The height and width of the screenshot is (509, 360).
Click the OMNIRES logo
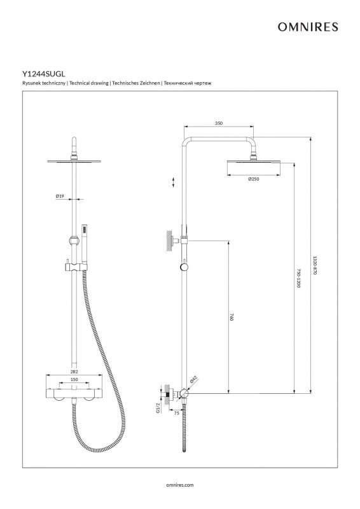pos(308,27)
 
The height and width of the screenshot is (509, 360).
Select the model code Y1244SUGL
pos(44,74)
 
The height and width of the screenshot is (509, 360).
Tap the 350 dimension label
pos(219,123)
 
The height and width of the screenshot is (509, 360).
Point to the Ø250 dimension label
pos(254,179)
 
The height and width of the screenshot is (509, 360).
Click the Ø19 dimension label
pos(60,196)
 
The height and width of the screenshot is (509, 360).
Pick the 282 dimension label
pos(74,372)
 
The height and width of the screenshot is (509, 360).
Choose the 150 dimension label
pos(74,379)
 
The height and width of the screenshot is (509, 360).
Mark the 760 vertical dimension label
pos(232,317)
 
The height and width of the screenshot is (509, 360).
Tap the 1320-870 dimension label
pos(315,265)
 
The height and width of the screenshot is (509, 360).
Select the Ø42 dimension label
pos(193,379)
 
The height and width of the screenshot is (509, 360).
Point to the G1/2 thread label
pos(158,408)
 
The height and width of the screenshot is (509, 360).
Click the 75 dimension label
pos(177,413)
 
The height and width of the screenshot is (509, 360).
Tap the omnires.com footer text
pos(179,485)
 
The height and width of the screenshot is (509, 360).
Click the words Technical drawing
pos(89,83)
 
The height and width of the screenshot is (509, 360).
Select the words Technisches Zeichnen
pos(136,83)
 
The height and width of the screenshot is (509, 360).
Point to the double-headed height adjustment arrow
pos(174,182)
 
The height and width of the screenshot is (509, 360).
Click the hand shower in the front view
pos(85,244)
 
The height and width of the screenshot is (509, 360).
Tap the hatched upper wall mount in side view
pos(169,241)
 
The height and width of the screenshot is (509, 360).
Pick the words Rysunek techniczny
pos(44,83)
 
